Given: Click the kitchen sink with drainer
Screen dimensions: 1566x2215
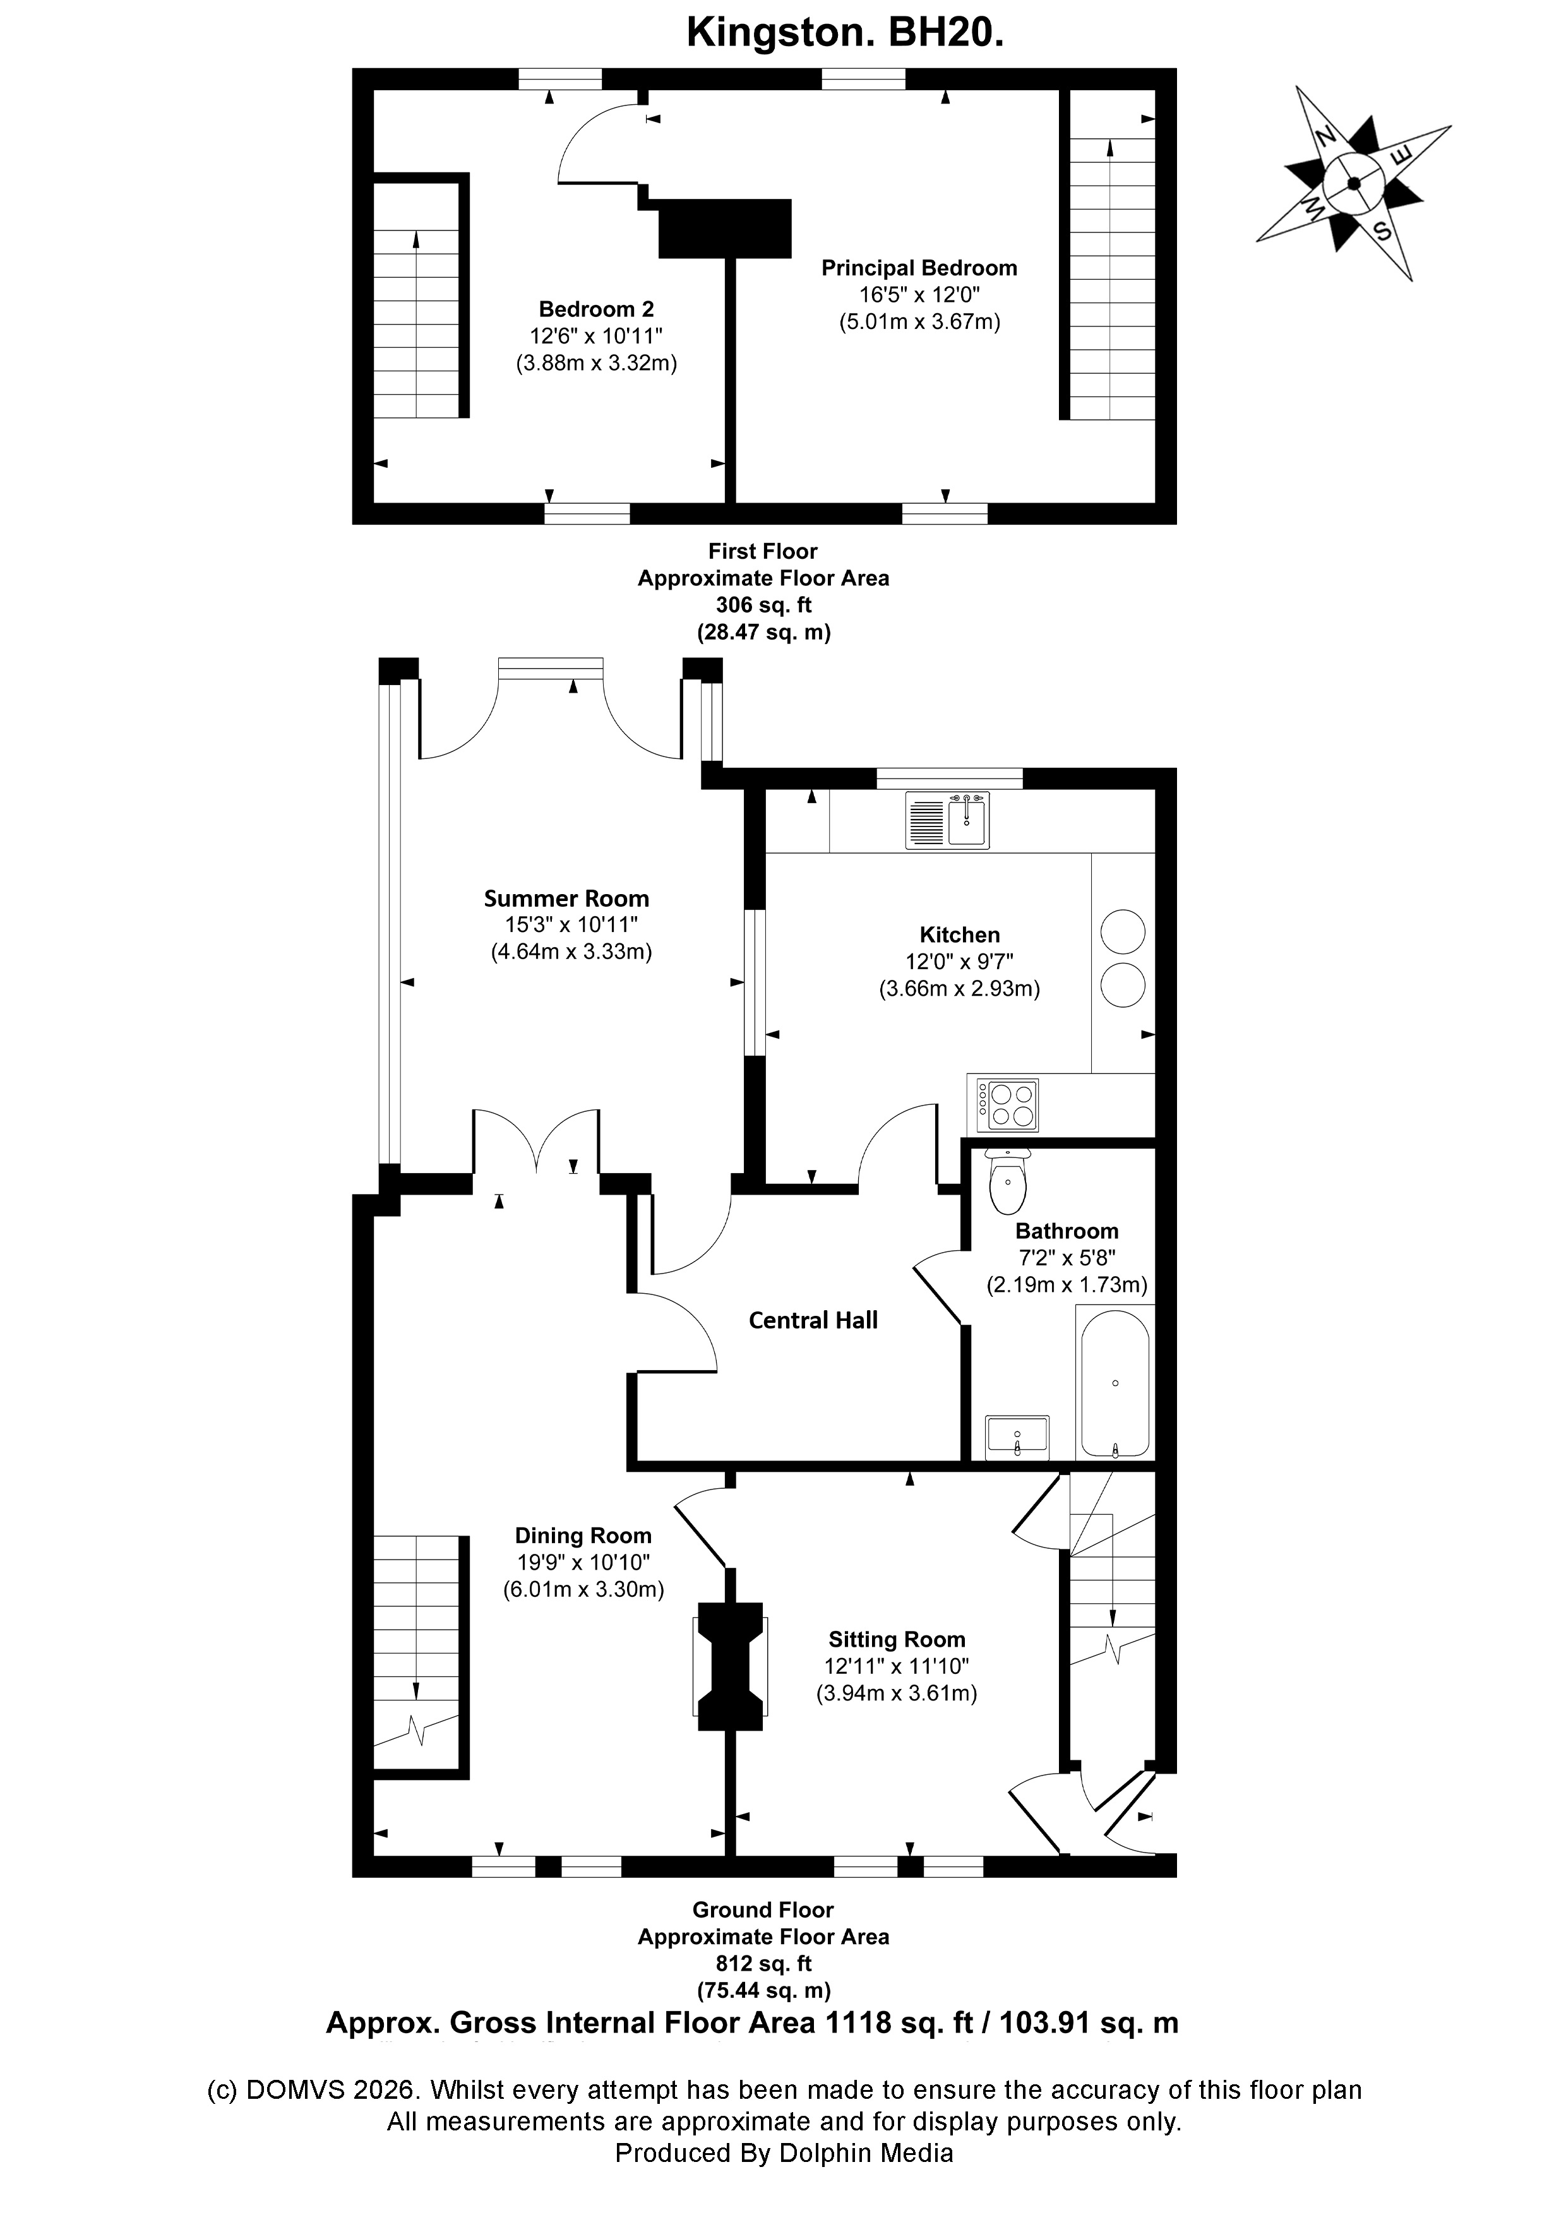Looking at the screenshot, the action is pyautogui.click(x=948, y=820).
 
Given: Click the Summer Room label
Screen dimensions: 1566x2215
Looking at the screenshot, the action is pyautogui.click(x=566, y=898).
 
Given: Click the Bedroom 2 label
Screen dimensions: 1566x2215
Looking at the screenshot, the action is pyautogui.click(x=596, y=309).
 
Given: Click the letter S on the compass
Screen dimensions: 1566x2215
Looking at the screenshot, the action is pyautogui.click(x=1382, y=230).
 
